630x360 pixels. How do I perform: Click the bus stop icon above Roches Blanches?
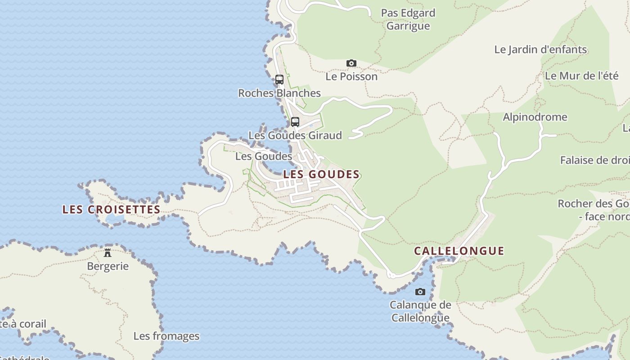[x=279, y=80]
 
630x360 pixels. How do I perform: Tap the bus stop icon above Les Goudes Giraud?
[x=295, y=121]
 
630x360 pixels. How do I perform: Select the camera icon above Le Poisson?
[x=351, y=63]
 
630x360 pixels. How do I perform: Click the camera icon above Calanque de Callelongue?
[x=420, y=292]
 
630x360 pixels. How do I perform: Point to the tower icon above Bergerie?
[x=108, y=252]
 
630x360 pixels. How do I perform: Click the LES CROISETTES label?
[x=111, y=210]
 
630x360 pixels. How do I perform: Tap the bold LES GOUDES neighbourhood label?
[x=321, y=175]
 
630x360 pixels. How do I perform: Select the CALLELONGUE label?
[x=459, y=251]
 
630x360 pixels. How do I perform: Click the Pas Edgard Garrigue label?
[x=408, y=19]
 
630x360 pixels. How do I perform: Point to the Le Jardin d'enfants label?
[x=540, y=49]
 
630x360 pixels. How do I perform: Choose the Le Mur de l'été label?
[x=581, y=76]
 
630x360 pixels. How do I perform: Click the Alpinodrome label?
[x=535, y=117]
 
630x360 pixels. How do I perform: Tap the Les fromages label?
[x=166, y=336]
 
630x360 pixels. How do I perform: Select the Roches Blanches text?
[x=279, y=93]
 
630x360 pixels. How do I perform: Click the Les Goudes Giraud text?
[x=295, y=135]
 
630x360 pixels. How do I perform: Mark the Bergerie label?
[x=108, y=266]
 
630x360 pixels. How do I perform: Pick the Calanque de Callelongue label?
[x=420, y=311]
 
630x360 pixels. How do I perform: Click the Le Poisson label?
[x=351, y=76]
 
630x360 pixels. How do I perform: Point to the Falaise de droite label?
[x=594, y=160]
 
